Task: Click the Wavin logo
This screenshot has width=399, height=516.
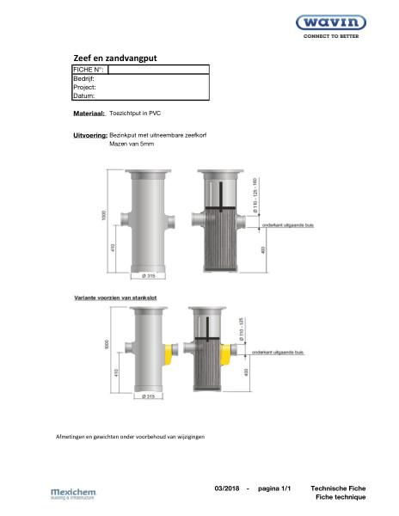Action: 337,23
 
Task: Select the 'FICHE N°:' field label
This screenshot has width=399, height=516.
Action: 89,69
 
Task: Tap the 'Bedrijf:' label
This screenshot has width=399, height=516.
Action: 86,78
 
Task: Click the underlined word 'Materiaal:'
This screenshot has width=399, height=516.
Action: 89,113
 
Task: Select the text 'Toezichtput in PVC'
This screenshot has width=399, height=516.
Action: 138,113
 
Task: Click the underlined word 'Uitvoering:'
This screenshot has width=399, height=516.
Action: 90,136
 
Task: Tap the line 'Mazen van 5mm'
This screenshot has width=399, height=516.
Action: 131,145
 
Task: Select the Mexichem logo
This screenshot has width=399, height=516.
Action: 74,494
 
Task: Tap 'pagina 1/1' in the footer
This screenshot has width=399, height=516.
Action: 275,488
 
